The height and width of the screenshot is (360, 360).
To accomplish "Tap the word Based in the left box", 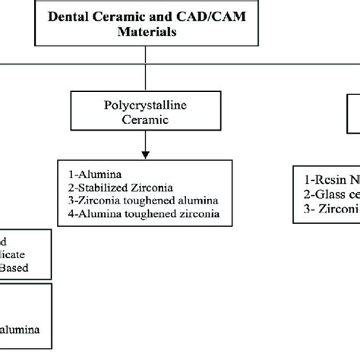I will click(18, 268).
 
